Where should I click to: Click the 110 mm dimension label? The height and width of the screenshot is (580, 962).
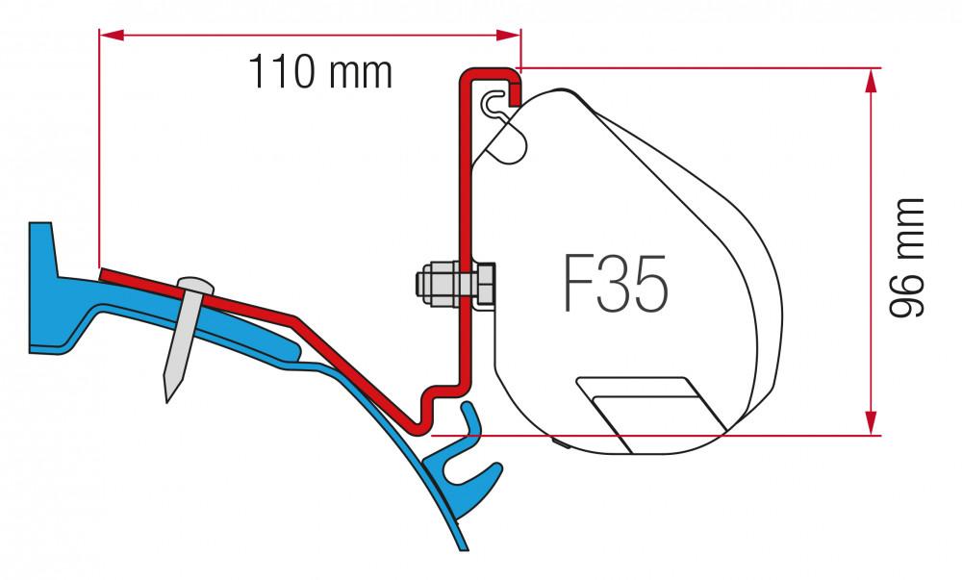tap(320, 72)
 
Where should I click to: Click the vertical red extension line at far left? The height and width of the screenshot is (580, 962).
tap(99, 144)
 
